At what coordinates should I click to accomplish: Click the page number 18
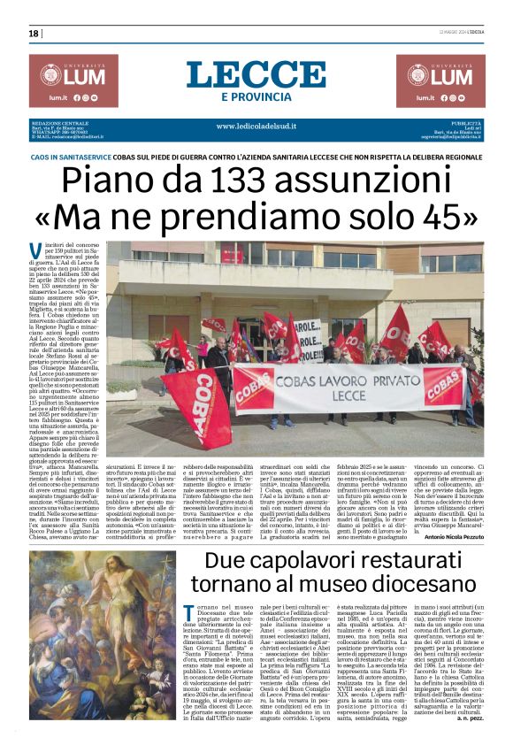(x=34, y=34)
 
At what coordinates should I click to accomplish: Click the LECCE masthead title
(x=256, y=73)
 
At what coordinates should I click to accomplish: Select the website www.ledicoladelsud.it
(x=256, y=126)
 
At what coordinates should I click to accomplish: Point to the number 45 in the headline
(x=439, y=217)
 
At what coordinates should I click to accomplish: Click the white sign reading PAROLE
(x=310, y=338)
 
